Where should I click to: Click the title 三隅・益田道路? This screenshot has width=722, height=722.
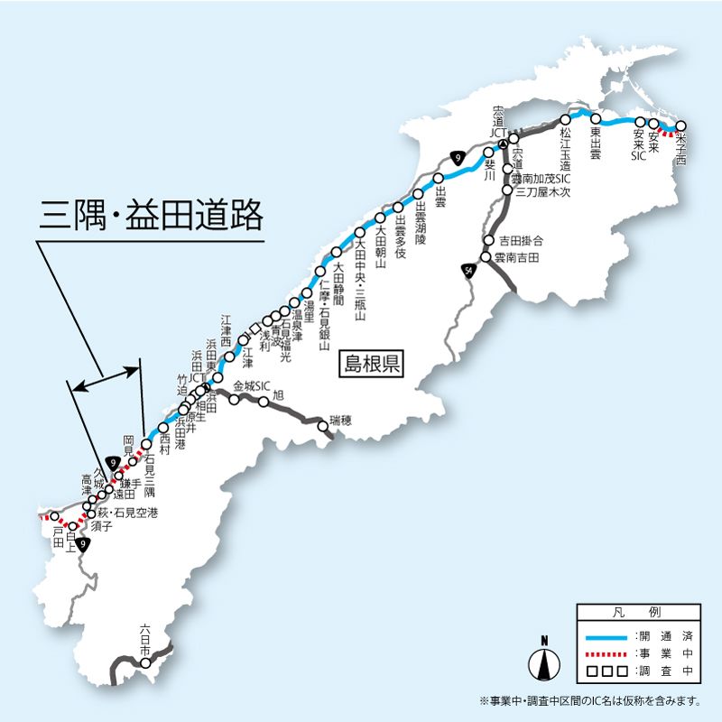pos(151,217)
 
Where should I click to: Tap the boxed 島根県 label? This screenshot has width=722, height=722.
pos(370,366)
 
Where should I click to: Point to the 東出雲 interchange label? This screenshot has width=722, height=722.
pos(596,143)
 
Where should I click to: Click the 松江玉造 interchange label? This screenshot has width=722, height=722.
pos(566,149)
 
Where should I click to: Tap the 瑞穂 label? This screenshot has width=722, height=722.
pos(341,421)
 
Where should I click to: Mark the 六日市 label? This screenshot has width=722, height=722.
pos(145,635)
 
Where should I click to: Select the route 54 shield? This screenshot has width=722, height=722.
pos(468,271)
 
